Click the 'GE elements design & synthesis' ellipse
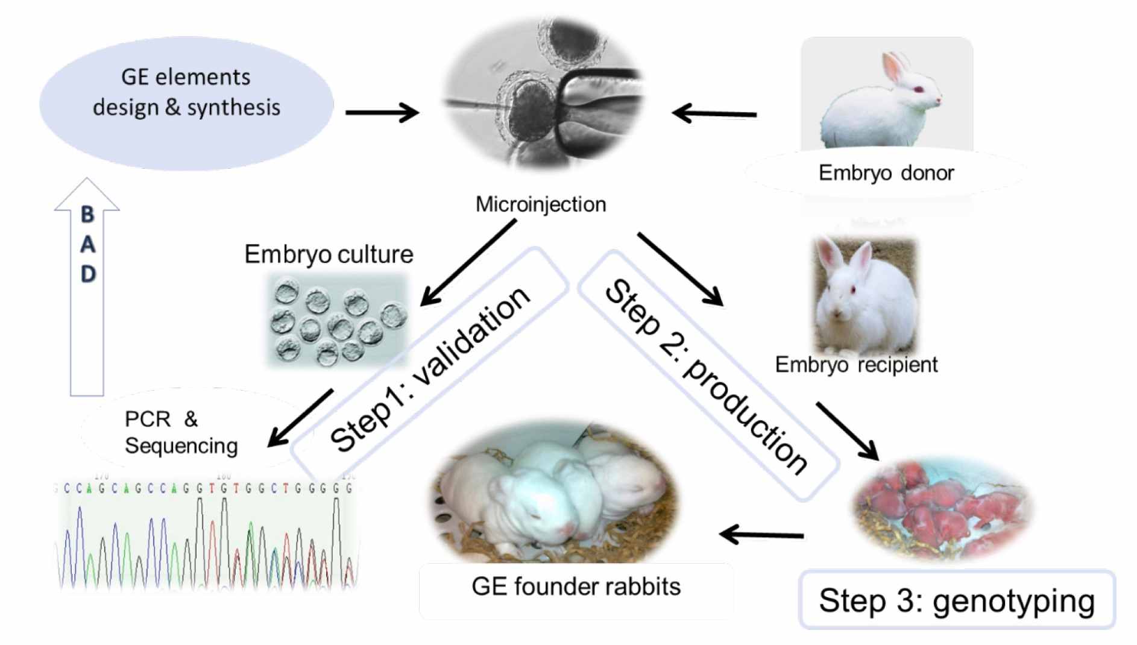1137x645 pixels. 186,102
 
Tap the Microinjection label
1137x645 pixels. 540,204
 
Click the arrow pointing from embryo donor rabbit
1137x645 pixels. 714,113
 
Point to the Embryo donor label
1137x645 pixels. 886,173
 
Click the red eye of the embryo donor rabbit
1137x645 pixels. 919,89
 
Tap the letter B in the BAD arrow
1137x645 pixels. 87,214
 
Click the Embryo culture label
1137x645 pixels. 329,254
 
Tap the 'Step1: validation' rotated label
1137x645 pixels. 429,368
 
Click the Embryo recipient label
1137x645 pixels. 855,365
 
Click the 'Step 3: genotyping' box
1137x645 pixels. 956,600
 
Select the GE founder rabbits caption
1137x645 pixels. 576,587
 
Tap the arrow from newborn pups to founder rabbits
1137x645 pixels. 761,534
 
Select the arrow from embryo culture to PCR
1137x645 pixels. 300,417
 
